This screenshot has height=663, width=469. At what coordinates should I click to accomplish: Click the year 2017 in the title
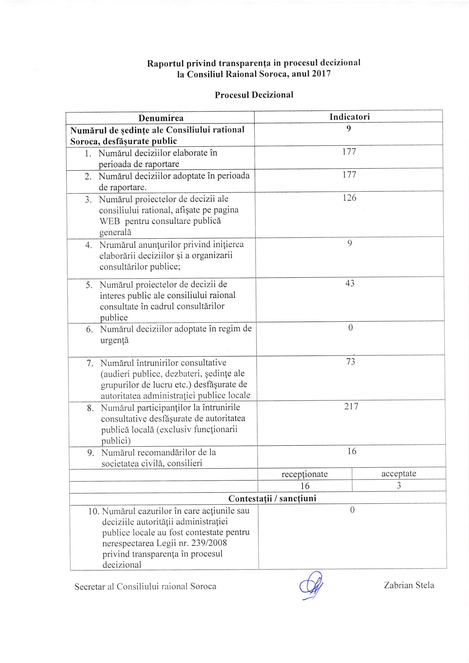321,74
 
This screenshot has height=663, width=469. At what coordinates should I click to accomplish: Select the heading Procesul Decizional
254,95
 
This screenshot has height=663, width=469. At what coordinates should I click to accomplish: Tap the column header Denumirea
161,118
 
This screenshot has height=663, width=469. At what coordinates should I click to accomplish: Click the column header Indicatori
350,117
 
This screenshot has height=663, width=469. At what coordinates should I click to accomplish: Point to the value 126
349,198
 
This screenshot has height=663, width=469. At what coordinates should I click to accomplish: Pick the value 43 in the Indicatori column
350,283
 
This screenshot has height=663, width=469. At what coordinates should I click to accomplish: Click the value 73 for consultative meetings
350,361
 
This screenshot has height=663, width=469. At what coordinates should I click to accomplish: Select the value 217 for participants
351,406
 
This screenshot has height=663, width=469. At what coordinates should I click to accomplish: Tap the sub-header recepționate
305,474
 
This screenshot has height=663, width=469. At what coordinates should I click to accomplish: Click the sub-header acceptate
398,474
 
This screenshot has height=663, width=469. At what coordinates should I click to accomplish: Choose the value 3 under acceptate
399,486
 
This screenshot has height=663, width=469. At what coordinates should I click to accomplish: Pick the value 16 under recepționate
305,486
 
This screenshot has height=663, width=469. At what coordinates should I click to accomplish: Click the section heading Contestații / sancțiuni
272,498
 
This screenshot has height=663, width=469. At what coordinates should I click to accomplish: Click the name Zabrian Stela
409,585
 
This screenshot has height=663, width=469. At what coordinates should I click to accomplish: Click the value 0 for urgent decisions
350,327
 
